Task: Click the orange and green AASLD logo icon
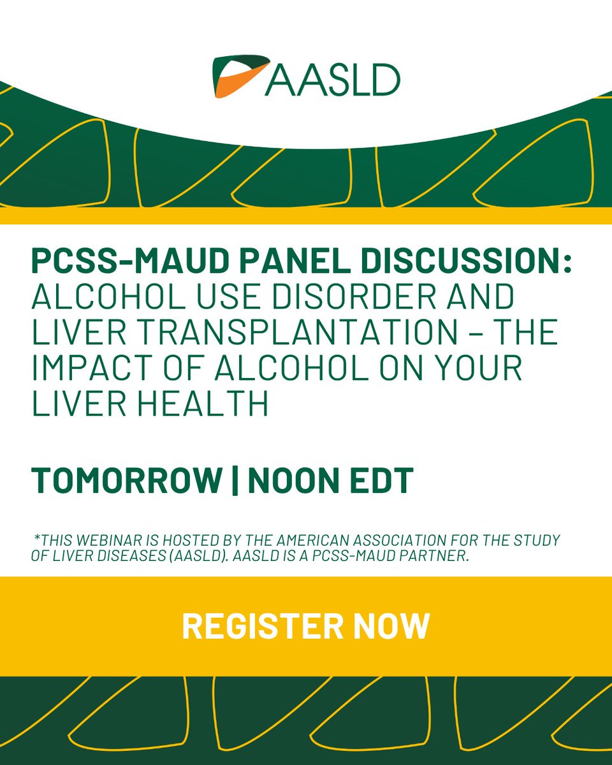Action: point(238,76)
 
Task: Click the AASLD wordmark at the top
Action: point(331,78)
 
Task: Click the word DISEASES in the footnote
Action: point(116,556)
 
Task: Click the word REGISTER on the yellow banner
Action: point(259,625)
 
